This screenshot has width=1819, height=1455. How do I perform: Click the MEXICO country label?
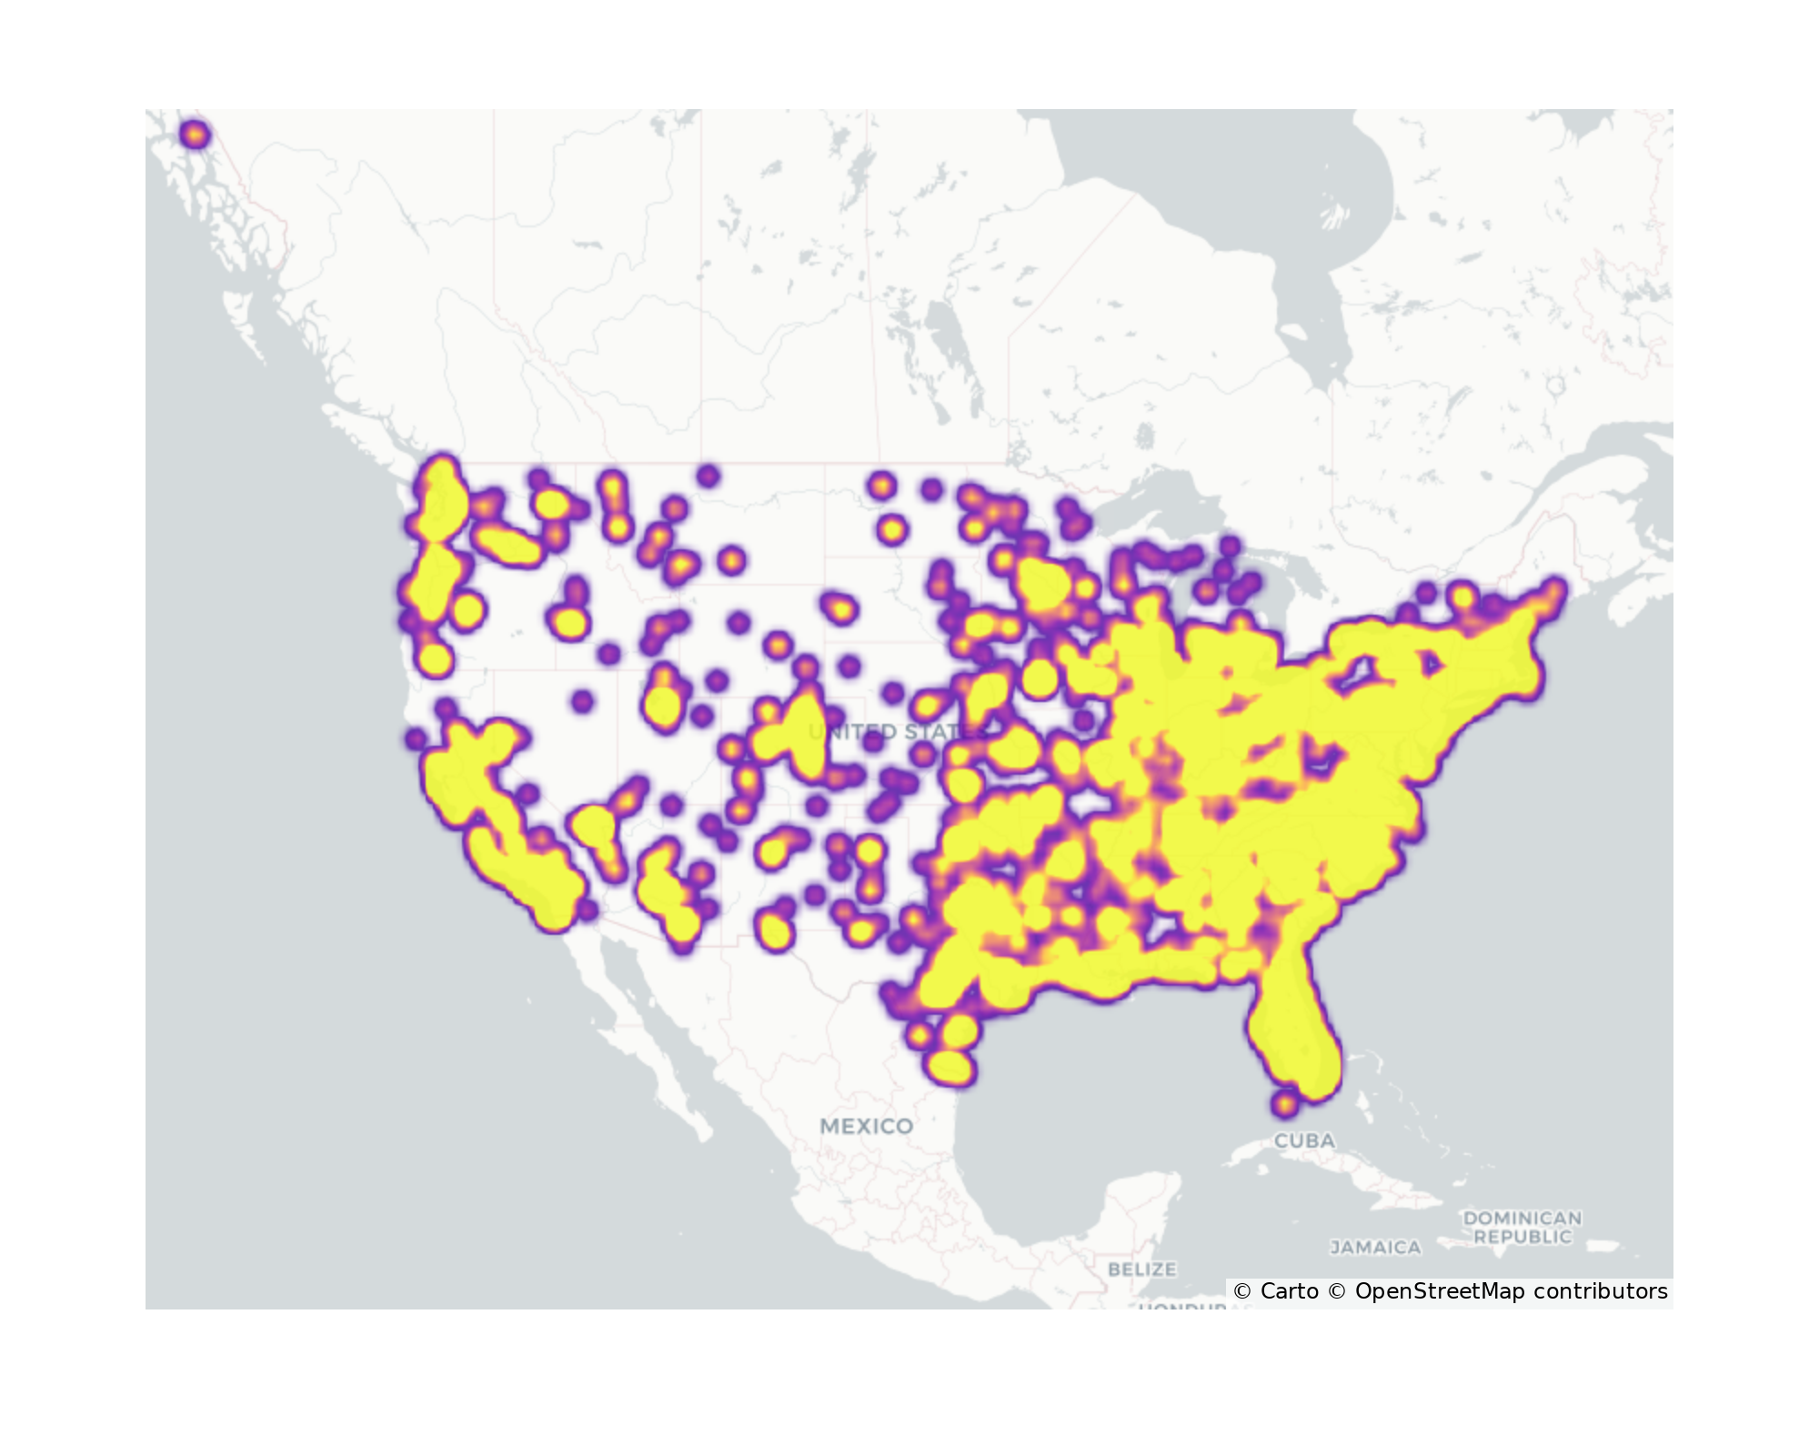click(866, 1126)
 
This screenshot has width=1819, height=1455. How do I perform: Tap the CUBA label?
click(1304, 1140)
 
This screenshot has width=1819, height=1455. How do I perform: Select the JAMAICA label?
click(1375, 1248)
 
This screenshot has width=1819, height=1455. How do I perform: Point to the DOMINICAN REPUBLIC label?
click(1523, 1228)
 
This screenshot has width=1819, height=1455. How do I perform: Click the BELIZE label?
click(1141, 1269)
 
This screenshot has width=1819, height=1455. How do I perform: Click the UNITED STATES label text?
click(896, 732)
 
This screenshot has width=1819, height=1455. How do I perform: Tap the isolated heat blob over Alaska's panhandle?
click(195, 135)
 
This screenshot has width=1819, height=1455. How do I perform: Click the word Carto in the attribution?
click(1289, 1291)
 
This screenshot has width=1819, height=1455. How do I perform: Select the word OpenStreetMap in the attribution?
click(1439, 1291)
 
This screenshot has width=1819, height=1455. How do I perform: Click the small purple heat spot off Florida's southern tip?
click(1283, 1104)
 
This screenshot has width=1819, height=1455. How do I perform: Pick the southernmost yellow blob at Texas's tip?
click(949, 1067)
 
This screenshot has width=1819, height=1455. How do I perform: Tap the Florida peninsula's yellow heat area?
click(1291, 1037)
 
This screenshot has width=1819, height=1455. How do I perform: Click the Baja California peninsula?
click(637, 1018)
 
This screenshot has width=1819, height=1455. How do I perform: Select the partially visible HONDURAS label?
click(1182, 1307)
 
